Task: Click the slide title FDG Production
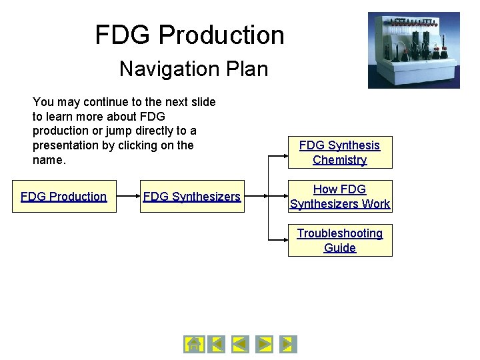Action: tap(189, 35)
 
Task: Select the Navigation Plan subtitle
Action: tap(193, 69)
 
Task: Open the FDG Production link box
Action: tap(64, 197)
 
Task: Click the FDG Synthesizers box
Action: tap(192, 197)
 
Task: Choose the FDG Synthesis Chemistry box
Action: tap(340, 153)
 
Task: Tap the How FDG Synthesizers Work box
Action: tap(340, 197)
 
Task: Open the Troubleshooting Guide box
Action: tap(340, 241)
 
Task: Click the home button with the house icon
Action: tap(193, 344)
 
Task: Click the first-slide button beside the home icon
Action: tap(216, 344)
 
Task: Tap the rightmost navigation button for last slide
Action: tap(288, 344)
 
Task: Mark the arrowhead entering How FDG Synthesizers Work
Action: tap(284, 197)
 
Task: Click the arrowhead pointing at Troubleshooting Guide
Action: tap(284, 238)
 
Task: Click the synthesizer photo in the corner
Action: tap(413, 50)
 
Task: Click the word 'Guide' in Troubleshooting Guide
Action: tap(340, 248)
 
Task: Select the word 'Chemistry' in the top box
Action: tap(340, 160)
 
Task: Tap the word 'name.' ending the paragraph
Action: tap(49, 161)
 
